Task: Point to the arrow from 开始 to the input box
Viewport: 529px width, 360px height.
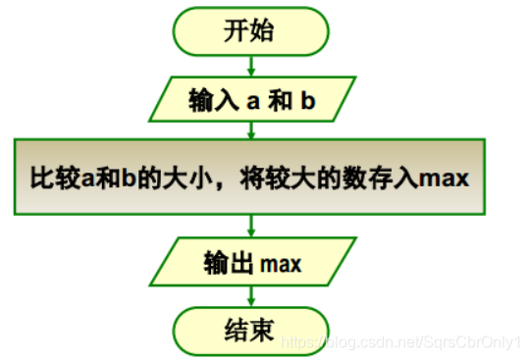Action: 253,65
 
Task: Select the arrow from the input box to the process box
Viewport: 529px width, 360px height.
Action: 253,129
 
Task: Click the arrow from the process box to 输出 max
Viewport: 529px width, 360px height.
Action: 253,227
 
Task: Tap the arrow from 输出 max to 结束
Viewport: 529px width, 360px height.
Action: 253,293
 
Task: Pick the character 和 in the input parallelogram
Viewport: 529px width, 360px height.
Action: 281,99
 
